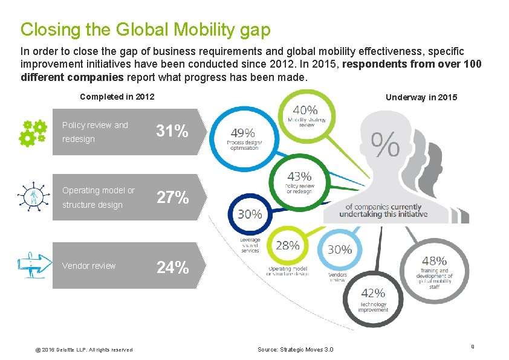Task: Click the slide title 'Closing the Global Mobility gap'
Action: pyautogui.click(x=145, y=29)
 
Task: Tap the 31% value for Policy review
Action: pyautogui.click(x=173, y=131)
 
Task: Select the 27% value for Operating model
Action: pyautogui.click(x=173, y=198)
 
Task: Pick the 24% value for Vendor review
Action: pyautogui.click(x=173, y=266)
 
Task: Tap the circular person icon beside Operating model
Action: pyautogui.click(x=30, y=197)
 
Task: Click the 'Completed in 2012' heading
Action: pyautogui.click(x=117, y=97)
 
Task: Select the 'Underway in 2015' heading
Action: pyautogui.click(x=421, y=97)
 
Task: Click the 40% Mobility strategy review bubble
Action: pyautogui.click(x=306, y=116)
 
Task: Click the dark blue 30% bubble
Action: pyautogui.click(x=250, y=214)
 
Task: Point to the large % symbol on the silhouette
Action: pyautogui.click(x=384, y=145)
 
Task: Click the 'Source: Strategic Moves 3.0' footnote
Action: pyautogui.click(x=295, y=349)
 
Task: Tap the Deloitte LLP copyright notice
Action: pyautogui.click(x=76, y=350)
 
